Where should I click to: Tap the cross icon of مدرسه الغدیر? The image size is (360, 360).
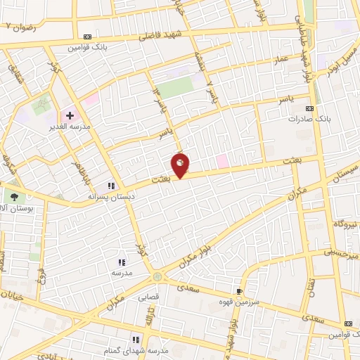[x=70, y=115]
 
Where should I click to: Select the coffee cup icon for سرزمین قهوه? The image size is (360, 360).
[x=240, y=291]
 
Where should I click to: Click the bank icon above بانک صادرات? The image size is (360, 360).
[x=310, y=108]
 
